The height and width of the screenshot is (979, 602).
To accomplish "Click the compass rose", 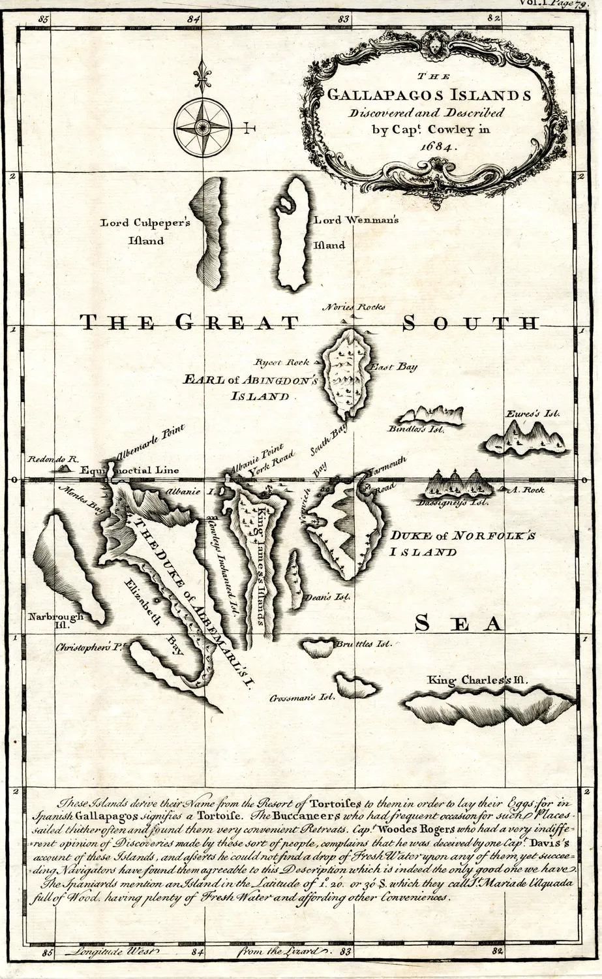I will (203, 127).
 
